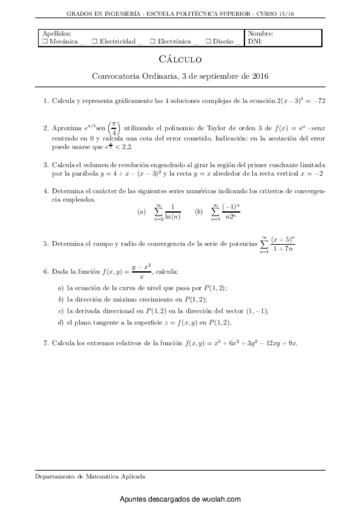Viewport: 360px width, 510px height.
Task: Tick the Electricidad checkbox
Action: [x=95, y=41]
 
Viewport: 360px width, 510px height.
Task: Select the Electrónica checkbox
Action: [x=153, y=41]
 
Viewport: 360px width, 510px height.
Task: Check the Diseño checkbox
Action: [x=207, y=41]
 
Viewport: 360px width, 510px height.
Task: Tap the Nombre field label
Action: [x=260, y=34]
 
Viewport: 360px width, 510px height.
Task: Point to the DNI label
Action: [x=255, y=41]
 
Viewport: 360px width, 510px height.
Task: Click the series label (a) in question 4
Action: [x=141, y=212]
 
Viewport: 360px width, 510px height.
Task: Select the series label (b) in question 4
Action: [x=199, y=212]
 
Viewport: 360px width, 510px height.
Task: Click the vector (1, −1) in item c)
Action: [x=253, y=310]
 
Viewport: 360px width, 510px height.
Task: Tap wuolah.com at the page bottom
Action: [x=222, y=499]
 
